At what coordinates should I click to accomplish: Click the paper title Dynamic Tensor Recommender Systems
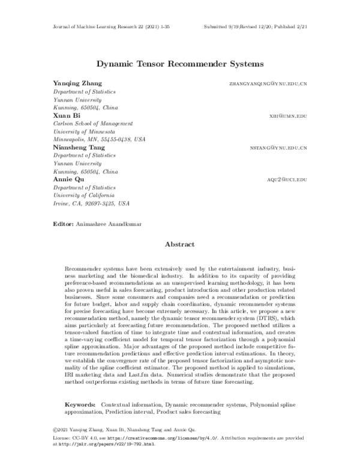click(x=179, y=62)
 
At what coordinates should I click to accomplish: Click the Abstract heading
click(x=180, y=244)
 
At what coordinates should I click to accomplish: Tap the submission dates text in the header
click(x=256, y=28)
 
